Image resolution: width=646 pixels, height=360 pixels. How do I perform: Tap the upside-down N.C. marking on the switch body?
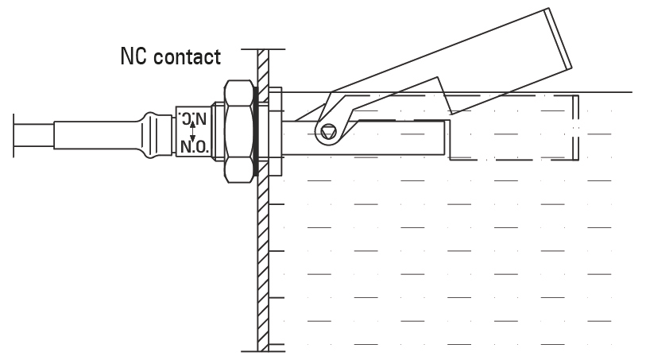(x=193, y=119)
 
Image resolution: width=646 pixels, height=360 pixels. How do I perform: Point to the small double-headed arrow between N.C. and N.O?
(x=193, y=134)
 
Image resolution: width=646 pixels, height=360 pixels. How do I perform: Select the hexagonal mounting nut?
(x=238, y=132)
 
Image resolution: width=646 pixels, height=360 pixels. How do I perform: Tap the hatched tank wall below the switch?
(x=261, y=262)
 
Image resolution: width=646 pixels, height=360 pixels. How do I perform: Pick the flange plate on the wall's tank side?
(x=275, y=132)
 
